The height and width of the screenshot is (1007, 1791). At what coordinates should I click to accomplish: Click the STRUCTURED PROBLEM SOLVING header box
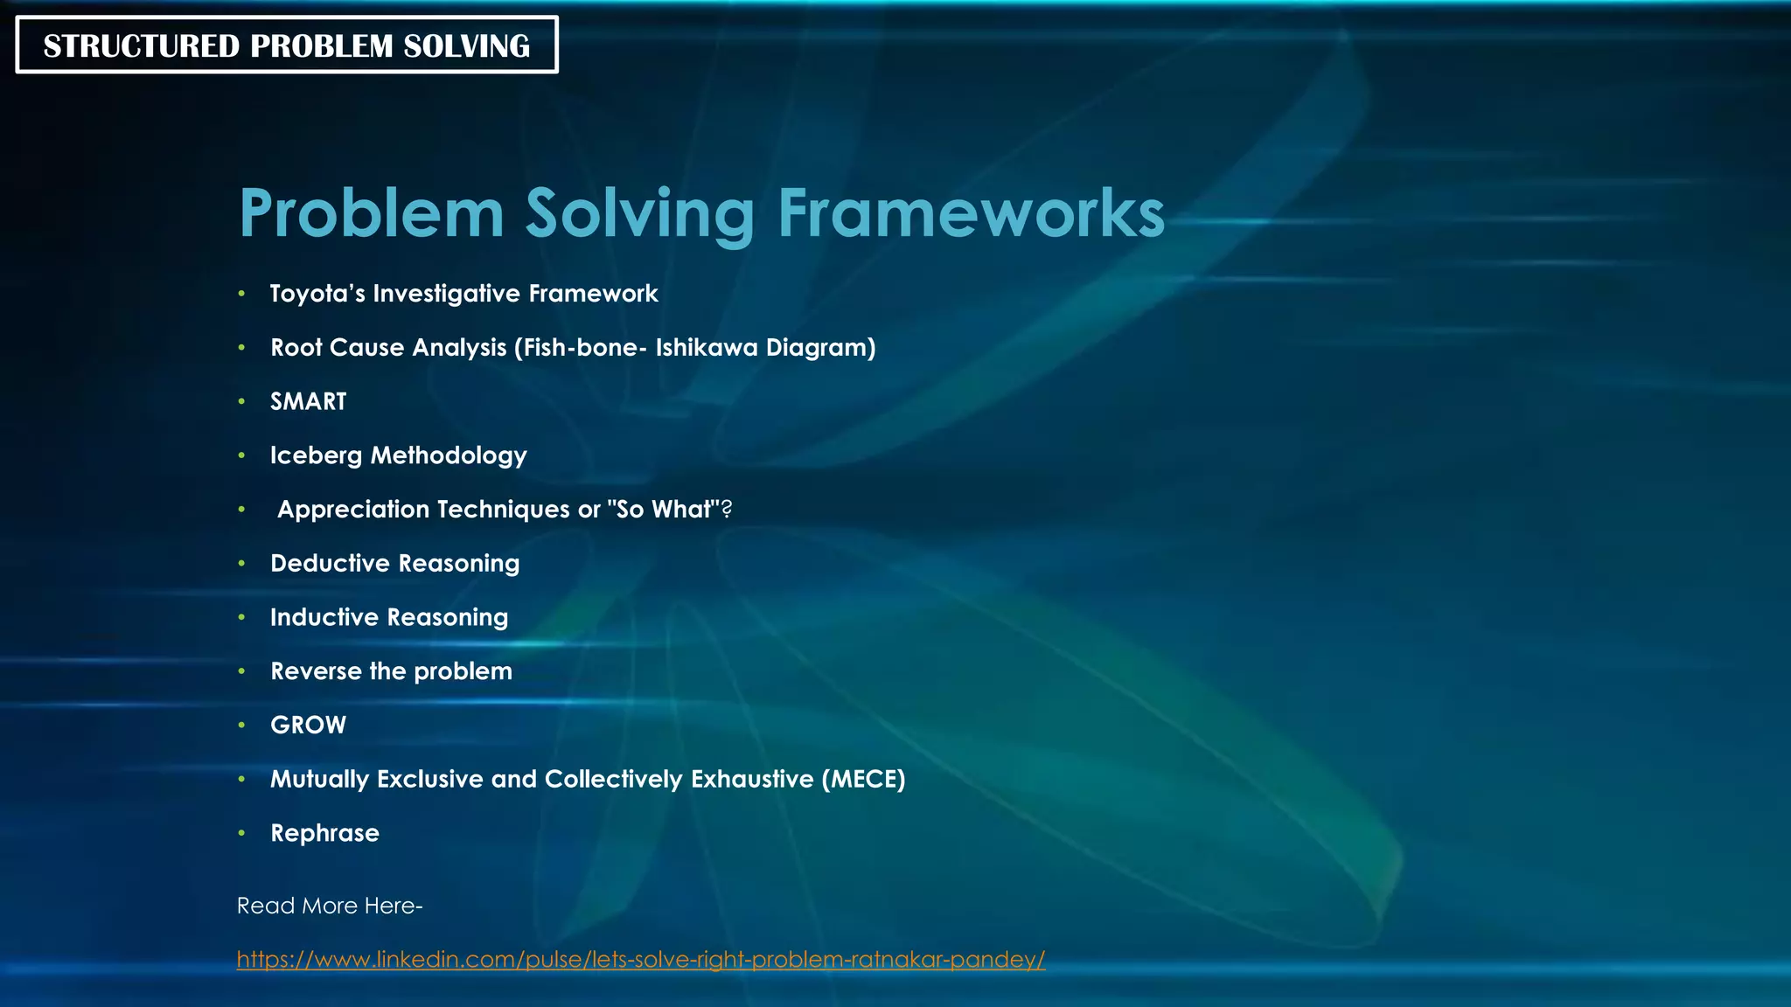[x=287, y=45]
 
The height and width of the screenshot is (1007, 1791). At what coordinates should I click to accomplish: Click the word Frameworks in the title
[x=971, y=213]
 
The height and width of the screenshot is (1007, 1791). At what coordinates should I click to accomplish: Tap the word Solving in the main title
[x=639, y=213]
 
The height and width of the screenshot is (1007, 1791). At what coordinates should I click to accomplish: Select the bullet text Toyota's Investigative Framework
[x=463, y=294]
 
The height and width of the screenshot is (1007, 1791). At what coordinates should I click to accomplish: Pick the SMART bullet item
[x=308, y=401]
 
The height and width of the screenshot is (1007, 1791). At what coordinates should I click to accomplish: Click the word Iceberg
[x=316, y=455]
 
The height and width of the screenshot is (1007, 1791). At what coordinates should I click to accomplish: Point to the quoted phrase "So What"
[x=663, y=510]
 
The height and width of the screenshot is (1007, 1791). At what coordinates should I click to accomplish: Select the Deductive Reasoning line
[x=394, y=564]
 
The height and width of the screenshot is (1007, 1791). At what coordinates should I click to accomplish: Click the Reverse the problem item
[x=391, y=671]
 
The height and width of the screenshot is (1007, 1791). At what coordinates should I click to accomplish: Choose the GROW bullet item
[x=308, y=726]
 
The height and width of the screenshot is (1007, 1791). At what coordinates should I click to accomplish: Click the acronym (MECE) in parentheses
[x=863, y=779]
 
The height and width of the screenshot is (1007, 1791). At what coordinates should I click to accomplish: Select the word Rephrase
[x=324, y=833]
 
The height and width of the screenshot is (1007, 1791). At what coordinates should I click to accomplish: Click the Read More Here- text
[x=330, y=906]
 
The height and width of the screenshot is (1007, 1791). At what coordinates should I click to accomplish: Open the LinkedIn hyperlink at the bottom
[x=641, y=960]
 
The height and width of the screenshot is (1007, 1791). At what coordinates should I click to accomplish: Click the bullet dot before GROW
[x=241, y=726]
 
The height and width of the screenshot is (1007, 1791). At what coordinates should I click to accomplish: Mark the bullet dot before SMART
[x=241, y=402]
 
